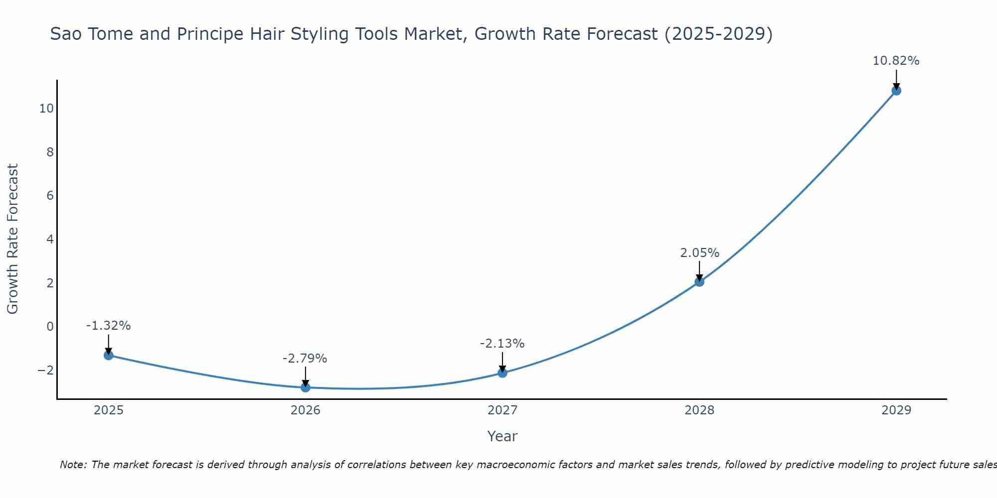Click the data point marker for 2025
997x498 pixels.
pyautogui.click(x=108, y=355)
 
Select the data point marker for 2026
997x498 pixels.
pyautogui.click(x=306, y=387)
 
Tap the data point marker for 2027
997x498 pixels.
pyautogui.click(x=502, y=373)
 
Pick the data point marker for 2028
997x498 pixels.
pyautogui.click(x=699, y=281)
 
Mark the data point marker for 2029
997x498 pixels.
pyautogui.click(x=896, y=91)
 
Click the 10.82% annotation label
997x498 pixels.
pyautogui.click(x=896, y=61)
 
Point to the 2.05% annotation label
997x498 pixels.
pyautogui.click(x=699, y=253)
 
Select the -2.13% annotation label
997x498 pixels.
pyautogui.click(x=502, y=344)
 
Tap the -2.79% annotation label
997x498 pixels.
pyautogui.click(x=305, y=359)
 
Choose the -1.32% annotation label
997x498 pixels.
pyautogui.click(x=108, y=326)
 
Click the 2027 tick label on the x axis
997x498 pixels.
pyautogui.click(x=502, y=410)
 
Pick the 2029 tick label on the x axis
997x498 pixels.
pyautogui.click(x=896, y=410)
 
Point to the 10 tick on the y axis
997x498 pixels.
pyautogui.click(x=46, y=108)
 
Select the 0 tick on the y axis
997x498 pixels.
pyautogui.click(x=50, y=327)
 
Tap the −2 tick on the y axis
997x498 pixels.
pyautogui.click(x=45, y=370)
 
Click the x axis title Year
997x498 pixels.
pyautogui.click(x=502, y=436)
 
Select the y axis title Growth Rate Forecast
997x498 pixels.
pyautogui.click(x=12, y=239)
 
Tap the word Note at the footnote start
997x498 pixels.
pyautogui.click(x=73, y=465)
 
